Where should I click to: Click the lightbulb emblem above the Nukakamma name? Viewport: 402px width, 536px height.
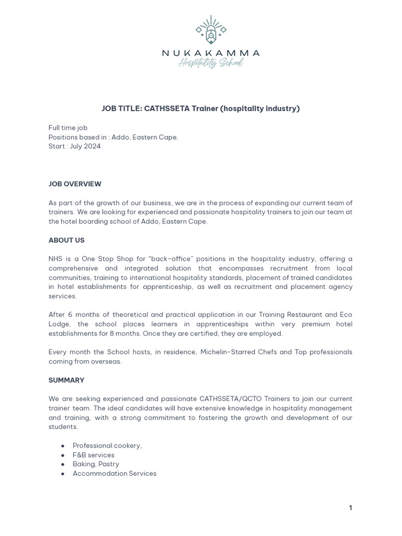point(211,31)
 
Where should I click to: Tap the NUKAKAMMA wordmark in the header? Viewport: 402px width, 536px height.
point(211,53)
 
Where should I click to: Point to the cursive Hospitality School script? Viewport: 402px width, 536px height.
point(211,63)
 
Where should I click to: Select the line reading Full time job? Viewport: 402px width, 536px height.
point(68,128)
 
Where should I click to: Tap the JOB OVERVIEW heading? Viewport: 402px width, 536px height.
point(75,184)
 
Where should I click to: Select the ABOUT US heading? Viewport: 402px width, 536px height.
point(66,240)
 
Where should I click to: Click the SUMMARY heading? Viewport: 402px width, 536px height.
point(66,380)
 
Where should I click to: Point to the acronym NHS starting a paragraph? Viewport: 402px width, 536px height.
point(55,259)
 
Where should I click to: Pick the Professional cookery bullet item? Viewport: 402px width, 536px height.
point(107,445)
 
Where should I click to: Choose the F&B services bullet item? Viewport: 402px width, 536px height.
point(94,455)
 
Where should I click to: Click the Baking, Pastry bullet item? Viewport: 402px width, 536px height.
point(96,464)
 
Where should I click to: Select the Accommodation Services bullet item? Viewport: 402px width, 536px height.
point(115,473)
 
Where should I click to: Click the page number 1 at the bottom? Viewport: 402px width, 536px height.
point(350,508)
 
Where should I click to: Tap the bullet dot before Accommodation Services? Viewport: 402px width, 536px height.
point(63,474)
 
